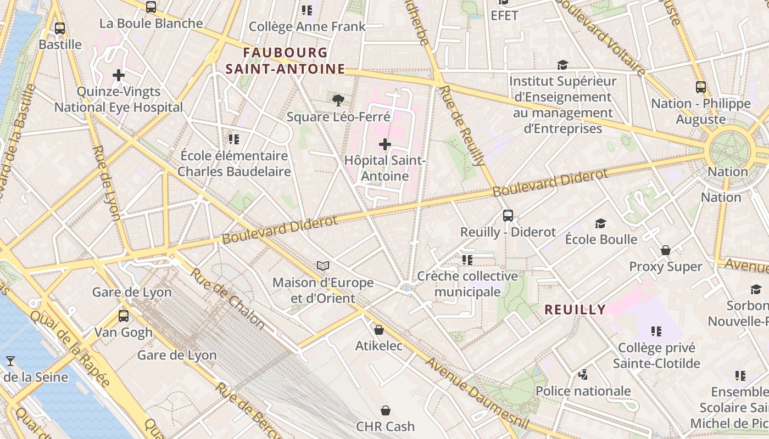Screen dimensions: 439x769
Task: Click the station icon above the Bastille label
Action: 60,29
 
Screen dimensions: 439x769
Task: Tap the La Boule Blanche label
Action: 151,24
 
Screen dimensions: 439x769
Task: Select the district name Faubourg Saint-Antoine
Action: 285,60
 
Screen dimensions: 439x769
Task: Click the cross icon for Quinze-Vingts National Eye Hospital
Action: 119,75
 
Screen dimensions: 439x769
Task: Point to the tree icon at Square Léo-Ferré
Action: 338,100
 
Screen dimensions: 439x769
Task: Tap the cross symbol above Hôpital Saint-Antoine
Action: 385,145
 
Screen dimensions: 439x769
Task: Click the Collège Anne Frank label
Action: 307,26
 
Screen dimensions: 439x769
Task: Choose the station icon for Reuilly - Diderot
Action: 508,216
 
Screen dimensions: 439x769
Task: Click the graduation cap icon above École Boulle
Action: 600,223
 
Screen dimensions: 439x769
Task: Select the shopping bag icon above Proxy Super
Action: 666,251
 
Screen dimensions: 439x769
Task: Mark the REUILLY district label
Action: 575,309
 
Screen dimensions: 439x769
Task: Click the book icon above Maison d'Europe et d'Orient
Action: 324,266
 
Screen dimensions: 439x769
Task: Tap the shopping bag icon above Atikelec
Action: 378,330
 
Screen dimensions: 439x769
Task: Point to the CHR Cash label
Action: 386,426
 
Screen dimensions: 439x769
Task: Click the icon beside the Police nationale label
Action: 583,375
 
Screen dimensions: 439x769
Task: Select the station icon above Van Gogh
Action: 124,316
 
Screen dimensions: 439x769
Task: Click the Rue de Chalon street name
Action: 227,299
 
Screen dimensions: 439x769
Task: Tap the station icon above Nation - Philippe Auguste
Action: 700,87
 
